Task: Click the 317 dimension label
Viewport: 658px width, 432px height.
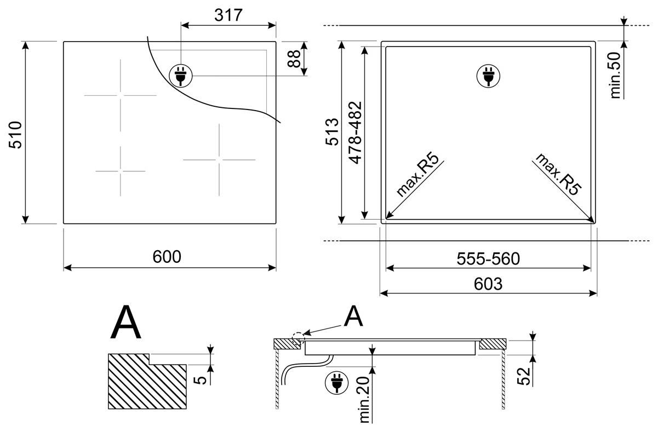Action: [x=228, y=15]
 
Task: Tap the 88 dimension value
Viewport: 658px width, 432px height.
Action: [x=294, y=59]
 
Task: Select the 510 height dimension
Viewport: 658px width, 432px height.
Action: [x=15, y=135]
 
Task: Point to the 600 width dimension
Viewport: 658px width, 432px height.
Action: [x=167, y=257]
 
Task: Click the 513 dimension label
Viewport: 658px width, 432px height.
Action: [x=332, y=132]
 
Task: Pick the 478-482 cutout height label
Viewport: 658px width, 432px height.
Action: [x=355, y=133]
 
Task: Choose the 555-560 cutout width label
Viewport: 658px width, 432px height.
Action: [x=488, y=259]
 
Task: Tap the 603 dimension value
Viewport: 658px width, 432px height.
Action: [x=488, y=284]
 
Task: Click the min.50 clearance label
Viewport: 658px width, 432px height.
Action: [x=615, y=75]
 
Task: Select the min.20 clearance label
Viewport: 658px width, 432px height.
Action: [x=364, y=400]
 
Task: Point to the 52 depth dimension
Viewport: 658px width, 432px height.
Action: [x=523, y=376]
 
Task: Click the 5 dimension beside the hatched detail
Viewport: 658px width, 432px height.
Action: [x=201, y=380]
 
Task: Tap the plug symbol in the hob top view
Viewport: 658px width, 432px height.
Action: [x=181, y=76]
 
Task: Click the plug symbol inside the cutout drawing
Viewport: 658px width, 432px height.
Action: [x=488, y=76]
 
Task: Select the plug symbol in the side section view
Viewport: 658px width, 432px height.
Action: [x=336, y=383]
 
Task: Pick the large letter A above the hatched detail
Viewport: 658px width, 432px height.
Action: [x=125, y=322]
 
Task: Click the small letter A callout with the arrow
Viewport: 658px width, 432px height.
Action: [x=353, y=316]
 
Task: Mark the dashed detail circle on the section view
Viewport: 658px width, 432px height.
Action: [x=297, y=338]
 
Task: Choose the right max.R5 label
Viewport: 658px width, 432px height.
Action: [x=558, y=174]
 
